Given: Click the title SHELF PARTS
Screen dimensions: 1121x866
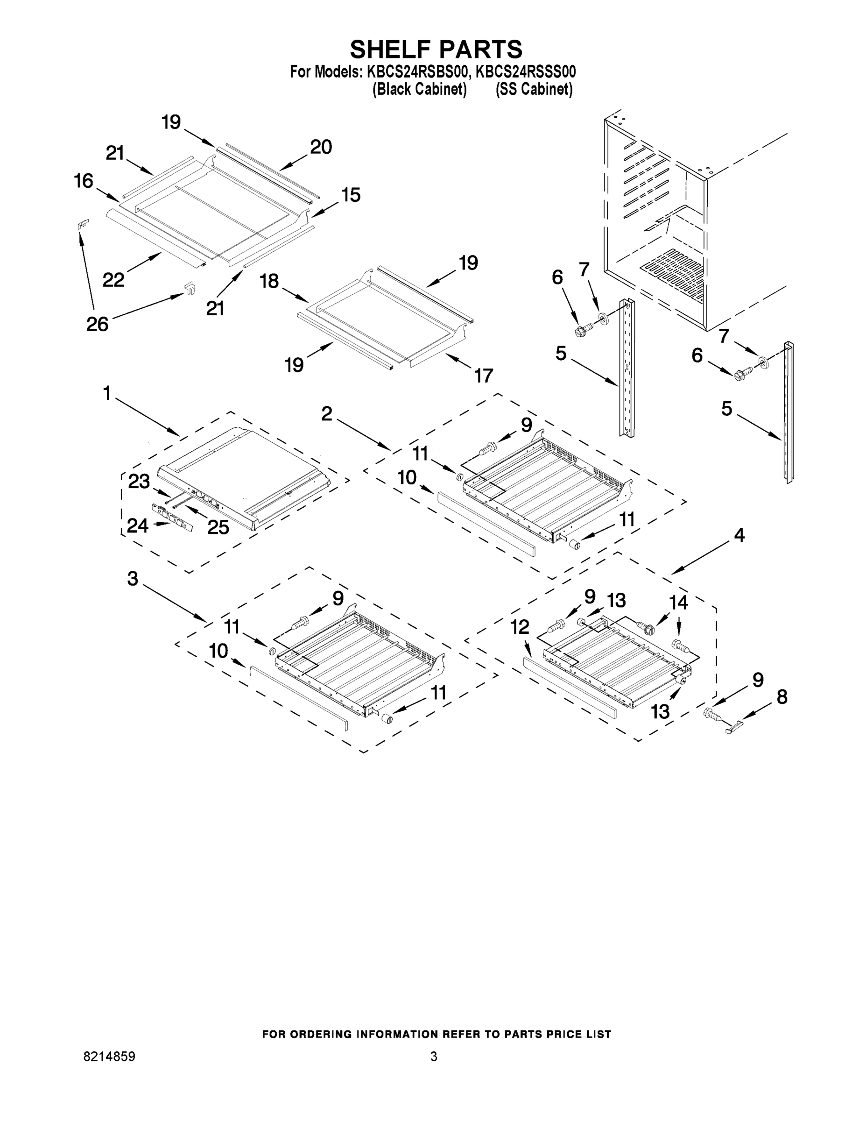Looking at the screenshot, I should (x=436, y=50).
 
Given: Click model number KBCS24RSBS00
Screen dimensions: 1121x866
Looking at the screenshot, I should (x=416, y=71).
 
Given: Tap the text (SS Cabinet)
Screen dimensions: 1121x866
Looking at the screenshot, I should (x=534, y=89).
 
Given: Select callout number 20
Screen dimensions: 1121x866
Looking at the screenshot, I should (x=321, y=147).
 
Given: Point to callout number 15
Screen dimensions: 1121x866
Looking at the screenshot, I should (x=351, y=195).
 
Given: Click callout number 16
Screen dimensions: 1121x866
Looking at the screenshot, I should (x=84, y=181).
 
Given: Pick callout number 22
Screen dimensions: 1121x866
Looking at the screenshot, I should (x=113, y=280).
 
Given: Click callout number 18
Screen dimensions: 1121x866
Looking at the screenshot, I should (x=269, y=281).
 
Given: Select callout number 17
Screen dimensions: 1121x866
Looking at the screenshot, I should (x=483, y=375).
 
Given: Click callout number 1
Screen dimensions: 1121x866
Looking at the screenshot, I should (x=107, y=394).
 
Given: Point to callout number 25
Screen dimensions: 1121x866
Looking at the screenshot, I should (x=218, y=527).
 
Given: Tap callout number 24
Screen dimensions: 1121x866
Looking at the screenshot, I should (x=138, y=525).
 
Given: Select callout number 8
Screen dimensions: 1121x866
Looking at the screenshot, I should (x=782, y=697).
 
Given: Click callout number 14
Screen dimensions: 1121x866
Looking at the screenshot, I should (x=678, y=602).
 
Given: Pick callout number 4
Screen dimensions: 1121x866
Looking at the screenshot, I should (x=739, y=535).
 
